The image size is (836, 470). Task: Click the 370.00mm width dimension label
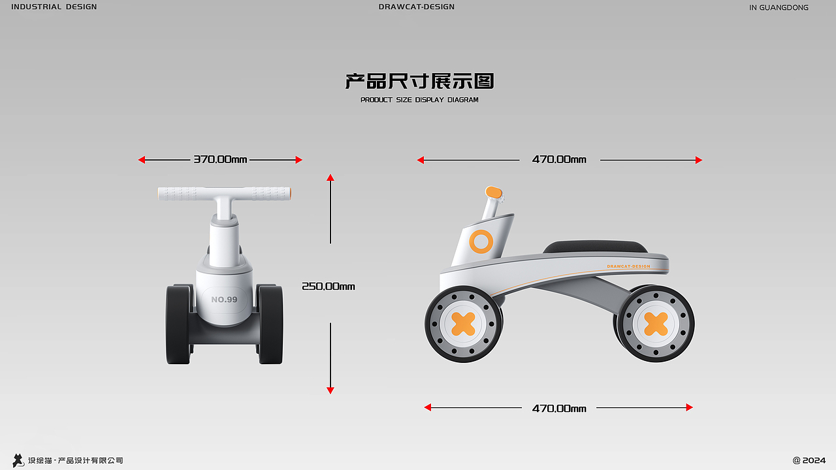[x=220, y=159]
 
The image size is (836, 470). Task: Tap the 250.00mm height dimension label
[x=328, y=286]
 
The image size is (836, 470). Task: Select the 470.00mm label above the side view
[x=559, y=159]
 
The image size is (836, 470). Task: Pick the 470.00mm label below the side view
[x=559, y=409]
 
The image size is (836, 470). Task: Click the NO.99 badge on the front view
[x=224, y=300]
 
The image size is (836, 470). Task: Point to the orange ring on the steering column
[x=481, y=242]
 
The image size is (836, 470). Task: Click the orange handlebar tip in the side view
[x=493, y=192]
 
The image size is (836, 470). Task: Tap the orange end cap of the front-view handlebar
[x=288, y=193]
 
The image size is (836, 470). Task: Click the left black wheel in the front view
[x=178, y=324]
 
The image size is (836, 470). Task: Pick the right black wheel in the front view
[x=270, y=324]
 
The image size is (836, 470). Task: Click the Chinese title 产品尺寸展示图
[x=419, y=81]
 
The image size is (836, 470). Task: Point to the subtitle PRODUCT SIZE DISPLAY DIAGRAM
[x=419, y=100]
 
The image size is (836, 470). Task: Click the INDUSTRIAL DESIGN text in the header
[x=54, y=7]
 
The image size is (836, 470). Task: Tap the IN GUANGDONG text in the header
[x=779, y=8]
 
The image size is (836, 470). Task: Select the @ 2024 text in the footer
[x=809, y=460]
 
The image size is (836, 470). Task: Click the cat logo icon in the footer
[x=18, y=460]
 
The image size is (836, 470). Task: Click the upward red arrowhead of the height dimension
[x=330, y=178]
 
